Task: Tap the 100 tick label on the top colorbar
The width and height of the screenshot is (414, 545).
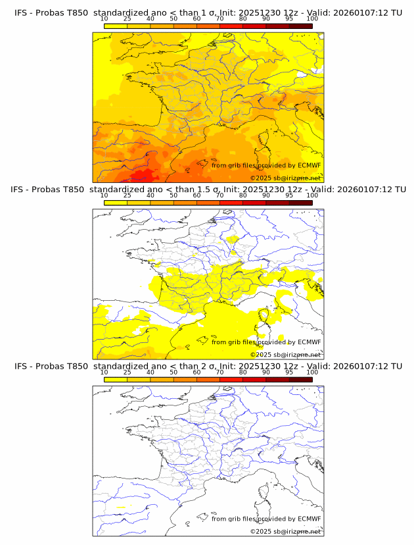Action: click(312, 20)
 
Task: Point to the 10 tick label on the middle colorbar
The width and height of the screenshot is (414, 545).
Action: click(104, 195)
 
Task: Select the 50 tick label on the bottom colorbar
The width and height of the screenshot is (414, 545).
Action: click(173, 372)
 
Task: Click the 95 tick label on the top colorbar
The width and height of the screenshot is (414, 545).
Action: click(289, 20)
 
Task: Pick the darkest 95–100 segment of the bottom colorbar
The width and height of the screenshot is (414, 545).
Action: click(301, 379)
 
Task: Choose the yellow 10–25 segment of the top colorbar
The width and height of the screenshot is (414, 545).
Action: click(116, 26)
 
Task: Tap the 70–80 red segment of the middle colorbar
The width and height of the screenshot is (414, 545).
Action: click(231, 203)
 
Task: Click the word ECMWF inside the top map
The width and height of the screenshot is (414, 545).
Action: click(309, 165)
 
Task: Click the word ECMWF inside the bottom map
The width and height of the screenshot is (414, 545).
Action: click(309, 519)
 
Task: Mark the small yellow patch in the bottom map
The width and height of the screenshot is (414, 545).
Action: click(120, 508)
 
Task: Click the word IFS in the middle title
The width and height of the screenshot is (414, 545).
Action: click(21, 190)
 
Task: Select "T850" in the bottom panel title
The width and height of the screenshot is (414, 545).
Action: click(74, 366)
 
